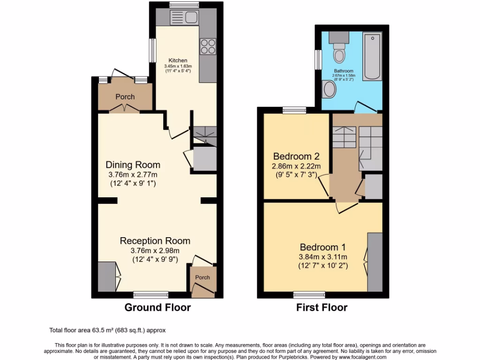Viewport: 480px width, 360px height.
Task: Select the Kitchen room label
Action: point(178,60)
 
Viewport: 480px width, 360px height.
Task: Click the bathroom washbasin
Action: point(330,89)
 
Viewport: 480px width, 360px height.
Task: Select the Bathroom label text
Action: point(344,71)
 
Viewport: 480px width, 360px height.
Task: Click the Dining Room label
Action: point(133,165)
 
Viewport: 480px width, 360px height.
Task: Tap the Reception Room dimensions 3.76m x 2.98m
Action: point(155,250)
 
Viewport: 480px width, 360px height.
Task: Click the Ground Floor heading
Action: point(157,307)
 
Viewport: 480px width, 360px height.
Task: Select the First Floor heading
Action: point(322,307)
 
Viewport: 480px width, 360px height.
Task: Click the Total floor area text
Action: point(107,330)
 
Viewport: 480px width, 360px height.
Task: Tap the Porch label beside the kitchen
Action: point(125,97)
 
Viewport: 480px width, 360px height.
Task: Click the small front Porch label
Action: point(202,277)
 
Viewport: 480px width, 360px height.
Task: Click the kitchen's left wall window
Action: point(152,49)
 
